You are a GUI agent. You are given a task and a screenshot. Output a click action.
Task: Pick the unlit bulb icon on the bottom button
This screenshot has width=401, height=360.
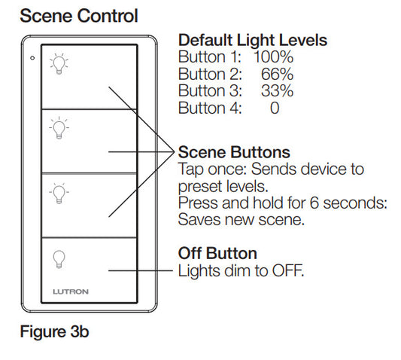(x=59, y=258)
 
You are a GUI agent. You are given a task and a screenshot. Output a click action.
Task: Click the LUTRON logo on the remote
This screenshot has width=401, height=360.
(x=89, y=290)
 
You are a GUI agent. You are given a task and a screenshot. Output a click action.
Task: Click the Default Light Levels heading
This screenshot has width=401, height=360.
(x=252, y=41)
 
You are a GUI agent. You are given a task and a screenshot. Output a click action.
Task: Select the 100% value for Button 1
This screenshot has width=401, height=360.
(x=273, y=56)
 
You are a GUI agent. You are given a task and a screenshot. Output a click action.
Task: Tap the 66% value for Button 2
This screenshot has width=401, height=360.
(x=276, y=74)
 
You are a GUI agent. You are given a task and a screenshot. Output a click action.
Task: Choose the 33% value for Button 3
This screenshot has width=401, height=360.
(x=276, y=91)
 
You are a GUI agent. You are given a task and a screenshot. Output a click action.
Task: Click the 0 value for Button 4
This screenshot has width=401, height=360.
(x=275, y=108)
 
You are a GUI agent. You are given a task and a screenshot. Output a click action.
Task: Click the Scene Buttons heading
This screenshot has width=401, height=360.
(x=233, y=152)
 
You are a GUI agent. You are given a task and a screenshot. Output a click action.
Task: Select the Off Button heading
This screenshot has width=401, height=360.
(x=217, y=253)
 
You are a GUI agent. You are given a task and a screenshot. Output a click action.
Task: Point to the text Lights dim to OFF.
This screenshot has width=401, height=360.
(x=241, y=270)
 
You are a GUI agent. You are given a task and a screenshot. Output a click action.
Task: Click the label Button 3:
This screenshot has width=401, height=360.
(x=210, y=91)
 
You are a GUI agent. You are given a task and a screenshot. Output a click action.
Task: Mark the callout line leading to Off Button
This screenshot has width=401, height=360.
(x=143, y=270)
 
